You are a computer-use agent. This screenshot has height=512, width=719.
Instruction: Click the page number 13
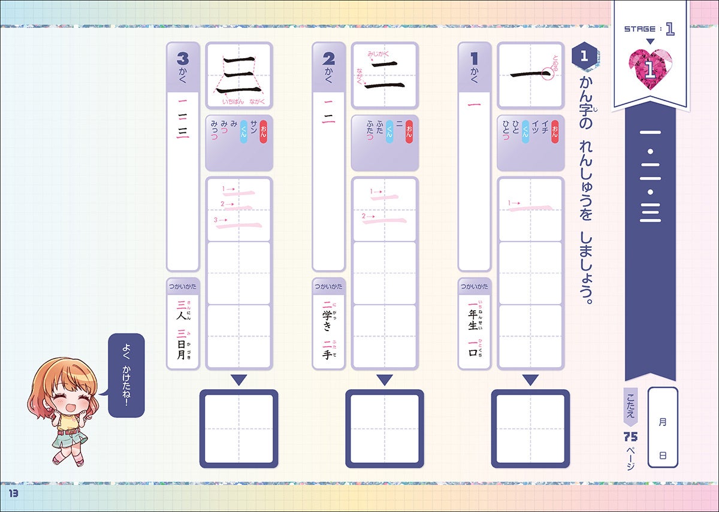13,492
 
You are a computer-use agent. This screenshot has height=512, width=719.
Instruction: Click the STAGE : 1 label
649,29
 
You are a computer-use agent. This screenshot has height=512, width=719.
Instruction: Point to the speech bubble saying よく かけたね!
126,375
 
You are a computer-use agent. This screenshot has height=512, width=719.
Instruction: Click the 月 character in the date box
662,422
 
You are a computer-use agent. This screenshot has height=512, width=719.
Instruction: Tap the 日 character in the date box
662,456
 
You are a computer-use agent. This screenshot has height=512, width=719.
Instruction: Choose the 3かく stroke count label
183,66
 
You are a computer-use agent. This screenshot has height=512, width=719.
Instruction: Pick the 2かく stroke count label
328,66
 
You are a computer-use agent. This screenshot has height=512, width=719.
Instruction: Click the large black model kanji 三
238,75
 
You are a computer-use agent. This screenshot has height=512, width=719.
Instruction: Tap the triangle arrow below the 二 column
384,380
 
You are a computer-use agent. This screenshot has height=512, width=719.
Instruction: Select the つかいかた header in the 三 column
183,287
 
